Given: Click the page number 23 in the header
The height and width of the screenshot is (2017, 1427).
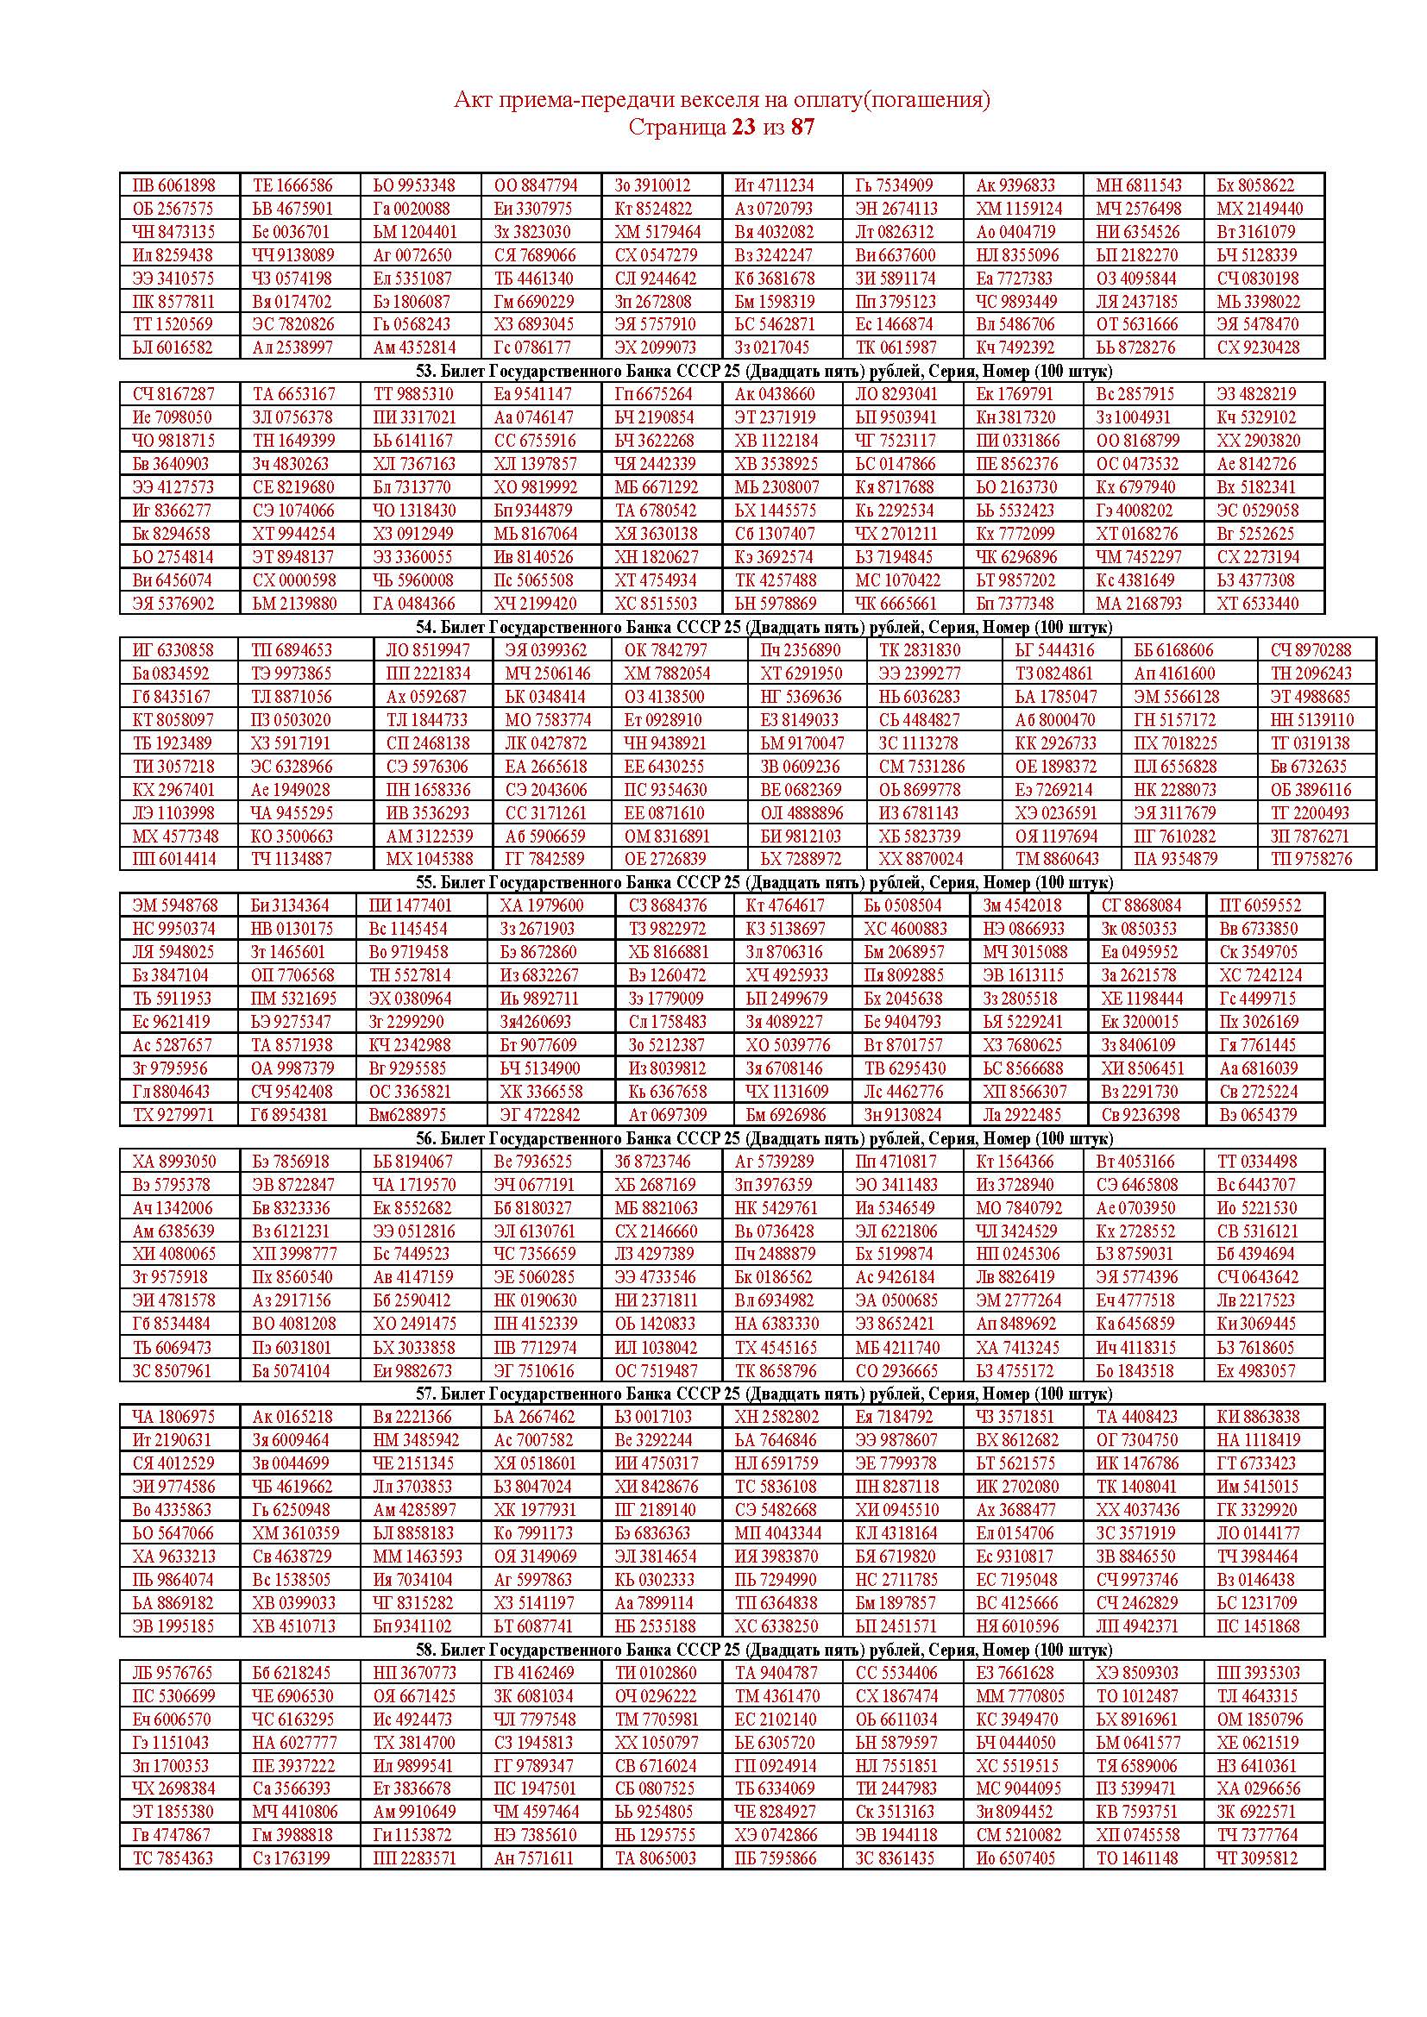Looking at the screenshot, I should (x=743, y=128).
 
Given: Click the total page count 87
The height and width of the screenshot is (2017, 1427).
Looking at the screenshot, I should (x=802, y=128).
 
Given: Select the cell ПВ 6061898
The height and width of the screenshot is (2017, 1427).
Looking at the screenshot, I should (x=173, y=185).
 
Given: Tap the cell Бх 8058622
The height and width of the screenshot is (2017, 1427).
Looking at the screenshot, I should (x=1255, y=185).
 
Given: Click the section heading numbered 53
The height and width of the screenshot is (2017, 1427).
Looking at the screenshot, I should (x=764, y=370).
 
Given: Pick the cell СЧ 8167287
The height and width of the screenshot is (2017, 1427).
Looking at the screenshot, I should (x=173, y=393).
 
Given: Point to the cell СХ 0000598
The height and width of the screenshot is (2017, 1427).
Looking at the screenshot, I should (x=293, y=579).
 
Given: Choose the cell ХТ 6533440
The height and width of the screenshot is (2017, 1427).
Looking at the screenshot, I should (x=1255, y=604).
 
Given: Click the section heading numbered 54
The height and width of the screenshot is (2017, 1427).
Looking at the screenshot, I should (x=764, y=627).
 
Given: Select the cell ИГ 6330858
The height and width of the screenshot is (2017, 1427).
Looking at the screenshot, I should (x=173, y=650).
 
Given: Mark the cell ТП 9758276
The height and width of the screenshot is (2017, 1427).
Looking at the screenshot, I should (x=1311, y=858).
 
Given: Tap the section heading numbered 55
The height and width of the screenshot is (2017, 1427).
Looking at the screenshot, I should (x=764, y=882).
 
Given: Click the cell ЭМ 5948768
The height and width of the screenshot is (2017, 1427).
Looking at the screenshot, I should (x=175, y=905).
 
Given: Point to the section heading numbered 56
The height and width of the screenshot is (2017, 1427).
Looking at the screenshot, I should (x=764, y=1138).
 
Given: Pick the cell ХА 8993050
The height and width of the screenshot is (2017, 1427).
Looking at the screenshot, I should (x=174, y=1162).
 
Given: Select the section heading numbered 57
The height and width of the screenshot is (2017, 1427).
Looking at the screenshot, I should (x=764, y=1394).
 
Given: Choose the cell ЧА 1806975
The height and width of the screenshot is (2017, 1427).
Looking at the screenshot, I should (x=173, y=1416).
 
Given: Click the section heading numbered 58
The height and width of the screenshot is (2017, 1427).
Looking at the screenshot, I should (x=764, y=1649).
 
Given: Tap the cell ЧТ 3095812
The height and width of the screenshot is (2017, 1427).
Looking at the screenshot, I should (x=1256, y=1858).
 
